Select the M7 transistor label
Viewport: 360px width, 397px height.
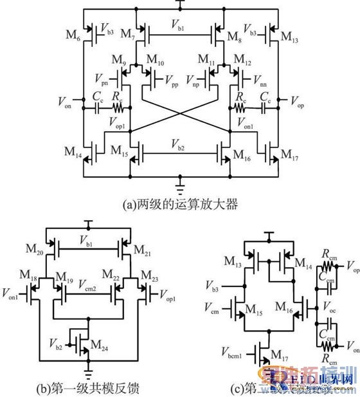(x=129, y=32)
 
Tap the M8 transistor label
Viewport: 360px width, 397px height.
(x=235, y=32)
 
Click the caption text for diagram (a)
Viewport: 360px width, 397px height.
(x=180, y=205)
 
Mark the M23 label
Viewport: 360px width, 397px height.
(x=159, y=275)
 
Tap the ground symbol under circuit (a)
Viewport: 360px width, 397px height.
(x=180, y=189)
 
